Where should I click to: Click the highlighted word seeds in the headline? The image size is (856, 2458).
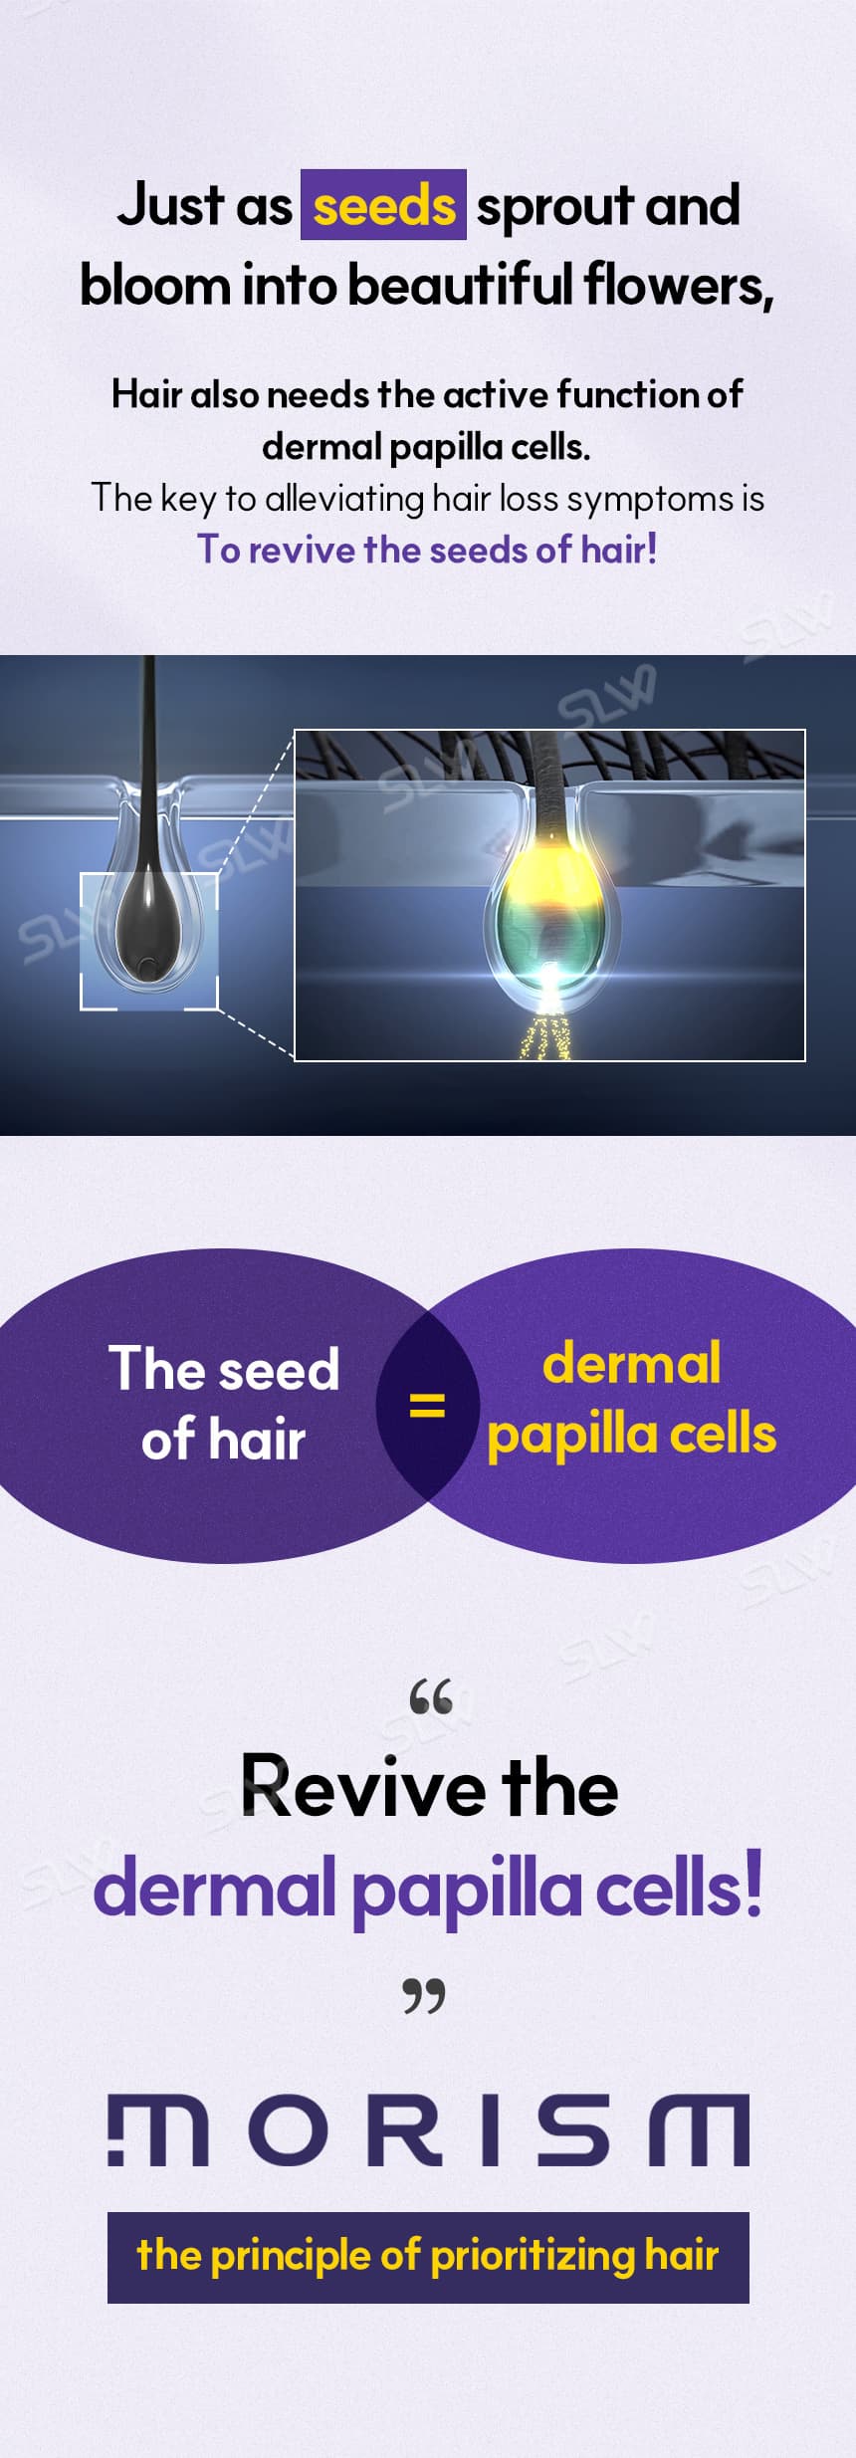(x=383, y=206)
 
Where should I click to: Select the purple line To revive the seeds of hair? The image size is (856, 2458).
(x=427, y=550)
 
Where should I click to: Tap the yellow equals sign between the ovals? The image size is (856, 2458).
(x=427, y=1405)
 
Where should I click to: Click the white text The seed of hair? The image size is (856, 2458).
(x=224, y=1404)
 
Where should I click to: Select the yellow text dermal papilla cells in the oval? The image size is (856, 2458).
(x=631, y=1399)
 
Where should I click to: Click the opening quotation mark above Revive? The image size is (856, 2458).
(x=430, y=1696)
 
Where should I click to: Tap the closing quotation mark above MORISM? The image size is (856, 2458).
(x=424, y=1995)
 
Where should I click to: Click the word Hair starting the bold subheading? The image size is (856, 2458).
(x=146, y=394)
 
